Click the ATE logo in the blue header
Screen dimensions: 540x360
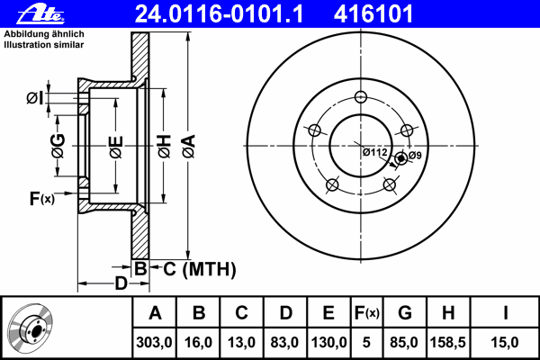tap(40, 14)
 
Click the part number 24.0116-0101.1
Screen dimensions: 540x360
tap(219, 14)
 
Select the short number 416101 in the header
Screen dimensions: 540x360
tap(373, 14)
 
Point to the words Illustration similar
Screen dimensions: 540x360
tap(44, 45)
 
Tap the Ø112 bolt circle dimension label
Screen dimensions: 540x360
tap(374, 152)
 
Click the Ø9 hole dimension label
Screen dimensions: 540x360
tap(415, 156)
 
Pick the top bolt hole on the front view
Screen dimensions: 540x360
tap(361, 97)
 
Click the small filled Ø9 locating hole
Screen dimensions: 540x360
tap(400, 158)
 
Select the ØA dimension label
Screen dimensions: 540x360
tap(188, 147)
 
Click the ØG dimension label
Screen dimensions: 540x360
tap(58, 146)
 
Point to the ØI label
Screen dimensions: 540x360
tap(35, 98)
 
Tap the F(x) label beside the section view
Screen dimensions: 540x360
tap(42, 199)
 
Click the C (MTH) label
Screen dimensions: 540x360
tap(200, 269)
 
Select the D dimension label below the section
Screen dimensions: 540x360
tap(121, 283)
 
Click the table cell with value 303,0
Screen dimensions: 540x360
tap(154, 342)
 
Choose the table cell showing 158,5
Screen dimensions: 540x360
tap(447, 342)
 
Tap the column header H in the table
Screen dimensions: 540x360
tap(447, 312)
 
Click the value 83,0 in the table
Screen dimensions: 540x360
tap(284, 342)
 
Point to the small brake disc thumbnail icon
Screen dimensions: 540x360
tap(30, 328)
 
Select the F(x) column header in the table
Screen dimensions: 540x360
tap(367, 312)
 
